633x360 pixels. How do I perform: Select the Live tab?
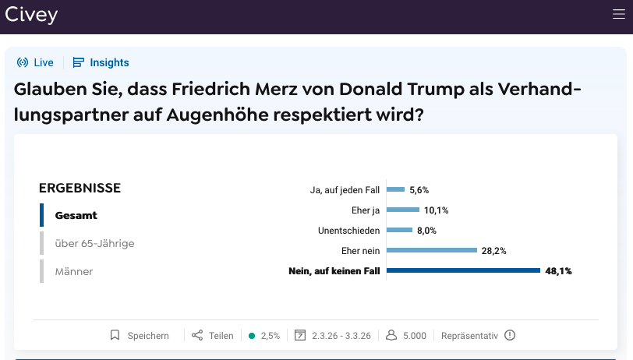[35, 62]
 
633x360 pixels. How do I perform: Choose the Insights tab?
[101, 62]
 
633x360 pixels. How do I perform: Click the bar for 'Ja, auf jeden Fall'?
[396, 189]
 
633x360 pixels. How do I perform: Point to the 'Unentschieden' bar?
[399, 230]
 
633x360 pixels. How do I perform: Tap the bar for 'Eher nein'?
[432, 250]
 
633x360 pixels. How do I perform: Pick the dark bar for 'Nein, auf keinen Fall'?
[463, 270]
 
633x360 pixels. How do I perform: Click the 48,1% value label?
[559, 271]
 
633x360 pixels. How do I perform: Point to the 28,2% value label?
[494, 251]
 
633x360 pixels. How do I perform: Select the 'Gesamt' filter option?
[76, 215]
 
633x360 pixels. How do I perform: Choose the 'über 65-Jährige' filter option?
[94, 243]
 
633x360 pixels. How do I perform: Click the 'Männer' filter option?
[74, 271]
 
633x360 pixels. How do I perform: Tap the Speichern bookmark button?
[140, 336]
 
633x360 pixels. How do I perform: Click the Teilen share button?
[213, 336]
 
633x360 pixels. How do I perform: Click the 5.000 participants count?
[406, 336]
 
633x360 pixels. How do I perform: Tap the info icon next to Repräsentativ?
[510, 336]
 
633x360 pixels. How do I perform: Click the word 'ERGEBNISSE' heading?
[80, 188]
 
